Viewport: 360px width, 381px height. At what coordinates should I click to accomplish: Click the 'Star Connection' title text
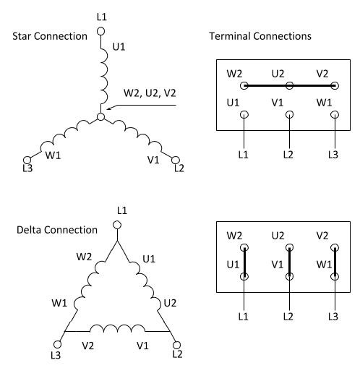(50, 36)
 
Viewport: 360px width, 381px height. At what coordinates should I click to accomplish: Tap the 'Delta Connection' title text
(57, 230)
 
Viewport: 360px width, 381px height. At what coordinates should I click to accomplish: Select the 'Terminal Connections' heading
(260, 36)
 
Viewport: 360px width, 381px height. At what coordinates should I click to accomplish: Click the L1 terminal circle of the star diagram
(100, 31)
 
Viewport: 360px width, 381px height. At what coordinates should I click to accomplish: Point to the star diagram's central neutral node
(100, 117)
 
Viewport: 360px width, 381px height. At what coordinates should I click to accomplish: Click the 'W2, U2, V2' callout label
(150, 93)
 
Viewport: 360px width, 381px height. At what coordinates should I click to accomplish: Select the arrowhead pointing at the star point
(109, 108)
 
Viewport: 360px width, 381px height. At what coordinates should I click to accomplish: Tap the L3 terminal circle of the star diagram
(27, 160)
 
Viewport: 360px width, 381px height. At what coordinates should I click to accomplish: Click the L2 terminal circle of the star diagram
(176, 160)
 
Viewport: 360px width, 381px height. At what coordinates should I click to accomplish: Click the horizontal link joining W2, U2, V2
(290, 85)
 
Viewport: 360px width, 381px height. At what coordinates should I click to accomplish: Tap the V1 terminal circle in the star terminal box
(289, 114)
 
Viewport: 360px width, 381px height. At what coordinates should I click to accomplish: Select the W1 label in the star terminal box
(324, 103)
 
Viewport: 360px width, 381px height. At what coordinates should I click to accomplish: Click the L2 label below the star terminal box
(288, 155)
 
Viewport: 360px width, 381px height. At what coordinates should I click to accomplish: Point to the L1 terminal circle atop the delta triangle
(117, 225)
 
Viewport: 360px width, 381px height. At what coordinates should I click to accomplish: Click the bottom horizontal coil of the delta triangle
(117, 328)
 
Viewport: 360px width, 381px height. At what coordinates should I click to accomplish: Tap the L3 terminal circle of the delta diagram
(57, 344)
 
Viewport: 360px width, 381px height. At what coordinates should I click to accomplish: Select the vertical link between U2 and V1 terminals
(289, 262)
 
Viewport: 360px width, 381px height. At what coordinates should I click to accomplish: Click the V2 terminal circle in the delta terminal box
(335, 247)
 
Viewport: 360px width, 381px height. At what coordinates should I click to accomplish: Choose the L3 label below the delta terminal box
(333, 317)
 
